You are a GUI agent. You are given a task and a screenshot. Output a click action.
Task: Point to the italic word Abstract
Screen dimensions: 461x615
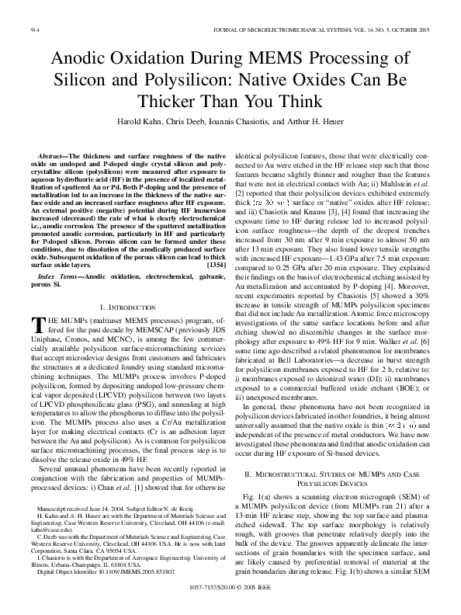[54, 156]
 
